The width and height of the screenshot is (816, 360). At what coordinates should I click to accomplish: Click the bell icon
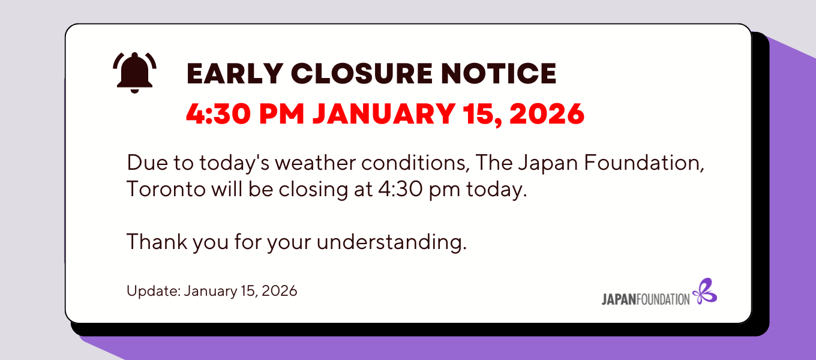click(x=134, y=73)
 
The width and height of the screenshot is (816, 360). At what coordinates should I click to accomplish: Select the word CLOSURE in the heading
click(x=362, y=74)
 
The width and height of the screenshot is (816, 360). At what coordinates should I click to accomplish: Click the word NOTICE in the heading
click(x=499, y=74)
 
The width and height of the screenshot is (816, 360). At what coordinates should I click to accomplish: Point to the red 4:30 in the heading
click(x=218, y=114)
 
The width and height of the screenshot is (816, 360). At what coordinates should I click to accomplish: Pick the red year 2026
click(x=547, y=114)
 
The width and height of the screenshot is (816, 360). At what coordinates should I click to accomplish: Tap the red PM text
click(x=281, y=114)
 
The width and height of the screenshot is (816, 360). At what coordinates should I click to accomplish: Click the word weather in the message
click(x=315, y=163)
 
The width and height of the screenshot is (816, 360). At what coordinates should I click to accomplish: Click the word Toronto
click(x=166, y=190)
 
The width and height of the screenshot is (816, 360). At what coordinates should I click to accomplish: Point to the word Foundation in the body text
click(x=644, y=163)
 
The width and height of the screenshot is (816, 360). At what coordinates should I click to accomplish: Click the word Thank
click(x=157, y=242)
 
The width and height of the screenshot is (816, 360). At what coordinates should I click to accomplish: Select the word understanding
click(x=392, y=242)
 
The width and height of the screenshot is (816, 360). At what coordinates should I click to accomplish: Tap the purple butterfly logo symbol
click(x=704, y=291)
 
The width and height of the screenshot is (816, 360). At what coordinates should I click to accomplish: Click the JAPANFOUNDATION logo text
click(x=646, y=299)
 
